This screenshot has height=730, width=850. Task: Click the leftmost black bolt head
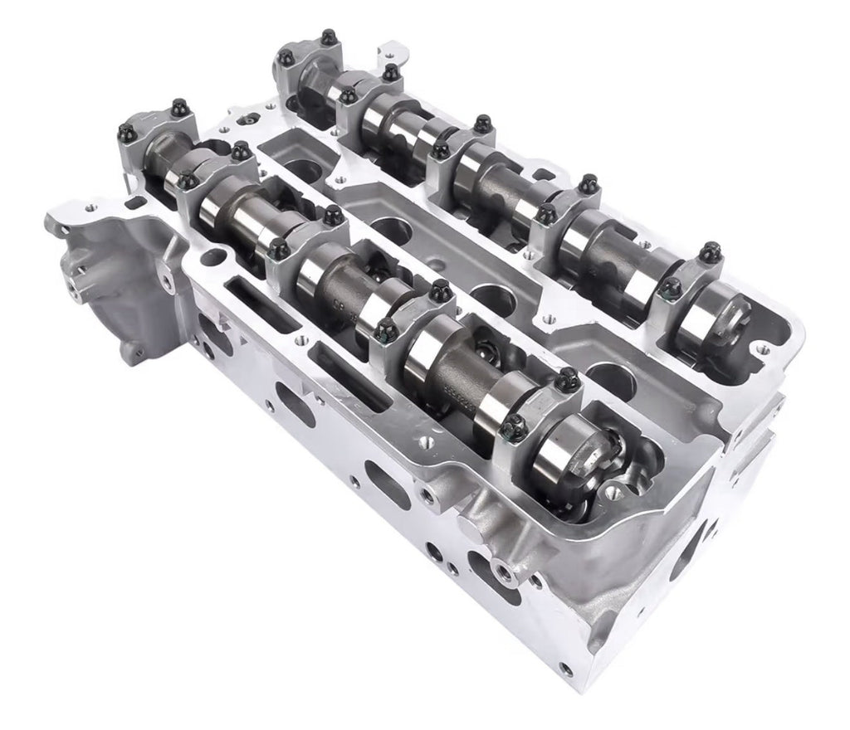(126, 133)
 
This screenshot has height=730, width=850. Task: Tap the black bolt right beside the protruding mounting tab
(390, 72)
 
